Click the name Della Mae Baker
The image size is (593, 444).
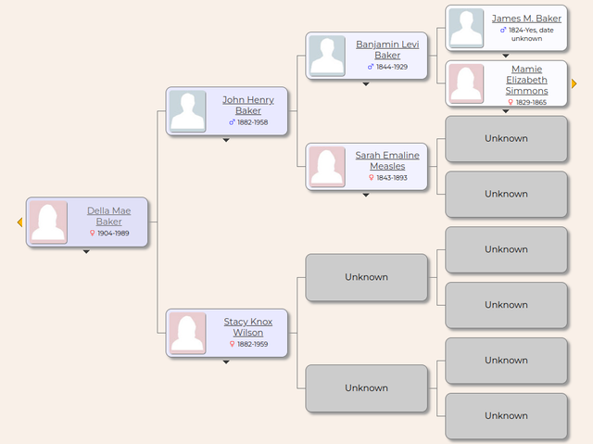tap(109, 216)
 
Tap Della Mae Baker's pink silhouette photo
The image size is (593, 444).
tap(48, 222)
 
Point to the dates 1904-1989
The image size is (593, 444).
tap(113, 234)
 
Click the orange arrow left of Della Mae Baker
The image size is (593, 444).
tap(20, 222)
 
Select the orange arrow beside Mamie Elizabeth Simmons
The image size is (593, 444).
tap(574, 83)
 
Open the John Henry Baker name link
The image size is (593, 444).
tap(248, 105)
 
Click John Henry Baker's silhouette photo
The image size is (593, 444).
tap(188, 111)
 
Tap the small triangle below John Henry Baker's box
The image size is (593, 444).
tap(226, 140)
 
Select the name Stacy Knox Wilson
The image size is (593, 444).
tap(248, 327)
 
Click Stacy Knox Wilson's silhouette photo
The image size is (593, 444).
tap(188, 333)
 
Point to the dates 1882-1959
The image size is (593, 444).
tap(253, 344)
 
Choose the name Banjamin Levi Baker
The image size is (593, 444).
tap(387, 49)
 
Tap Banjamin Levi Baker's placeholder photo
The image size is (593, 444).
tap(327, 56)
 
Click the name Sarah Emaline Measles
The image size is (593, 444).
tap(387, 160)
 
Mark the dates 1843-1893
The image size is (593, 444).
tap(392, 178)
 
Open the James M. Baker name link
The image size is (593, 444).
tap(526, 19)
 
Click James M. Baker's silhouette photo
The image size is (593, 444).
tap(466, 28)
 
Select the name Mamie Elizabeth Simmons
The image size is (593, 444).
tap(526, 80)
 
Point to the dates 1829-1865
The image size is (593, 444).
tap(531, 102)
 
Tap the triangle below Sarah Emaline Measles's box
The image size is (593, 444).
tap(366, 196)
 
